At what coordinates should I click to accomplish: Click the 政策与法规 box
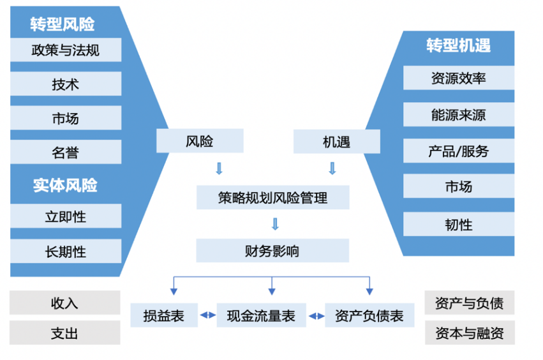pos(66,50)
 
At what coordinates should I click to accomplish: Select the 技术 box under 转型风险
pos(66,84)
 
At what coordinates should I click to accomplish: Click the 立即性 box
pos(66,217)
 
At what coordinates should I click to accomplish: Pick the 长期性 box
pos(66,251)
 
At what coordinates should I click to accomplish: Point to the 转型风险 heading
pos(63,24)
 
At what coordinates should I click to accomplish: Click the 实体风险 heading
pos(66,186)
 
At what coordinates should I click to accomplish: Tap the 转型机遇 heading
pos(458,46)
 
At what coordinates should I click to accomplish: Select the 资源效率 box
pos(458,79)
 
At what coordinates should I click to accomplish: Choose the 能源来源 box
pos(458,116)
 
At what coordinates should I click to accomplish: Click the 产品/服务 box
pos(458,152)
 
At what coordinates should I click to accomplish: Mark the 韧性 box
pos(458,225)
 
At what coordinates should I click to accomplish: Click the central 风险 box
pos(200,141)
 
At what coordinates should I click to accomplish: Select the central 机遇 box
pos(336,142)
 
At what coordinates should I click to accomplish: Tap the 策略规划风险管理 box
pos(272,198)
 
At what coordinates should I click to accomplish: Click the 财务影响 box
pos(272,251)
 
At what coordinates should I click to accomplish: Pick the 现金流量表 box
pos(261,316)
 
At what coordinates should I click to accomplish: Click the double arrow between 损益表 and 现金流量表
pos(207,316)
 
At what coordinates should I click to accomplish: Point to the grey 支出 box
pos(64,334)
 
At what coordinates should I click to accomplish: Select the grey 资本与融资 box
pos(469,334)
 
